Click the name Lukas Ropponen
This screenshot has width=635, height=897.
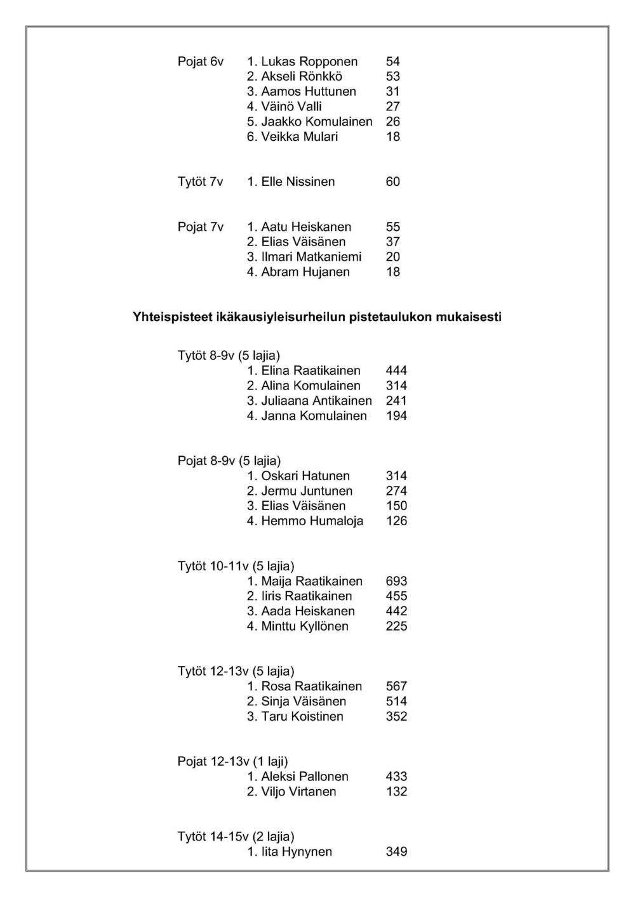coord(309,62)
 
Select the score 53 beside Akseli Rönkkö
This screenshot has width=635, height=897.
coord(393,77)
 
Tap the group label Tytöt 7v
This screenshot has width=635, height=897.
coord(200,182)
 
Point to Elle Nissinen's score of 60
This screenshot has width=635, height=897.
coord(393,182)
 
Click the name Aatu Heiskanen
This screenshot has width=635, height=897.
coord(306,227)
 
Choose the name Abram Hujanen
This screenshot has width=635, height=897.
coord(305,272)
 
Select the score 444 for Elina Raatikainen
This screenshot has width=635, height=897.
coord(396,370)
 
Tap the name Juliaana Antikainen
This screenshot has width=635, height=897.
coord(317,401)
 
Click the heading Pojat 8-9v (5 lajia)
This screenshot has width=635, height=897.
coord(229,461)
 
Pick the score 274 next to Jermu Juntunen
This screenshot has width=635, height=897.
coord(396,491)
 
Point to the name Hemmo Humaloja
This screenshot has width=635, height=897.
coord(312,521)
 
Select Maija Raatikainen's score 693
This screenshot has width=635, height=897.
coord(396,581)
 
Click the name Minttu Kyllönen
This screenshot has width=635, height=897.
coord(305,627)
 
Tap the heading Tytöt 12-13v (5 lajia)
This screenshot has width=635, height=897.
coord(236,671)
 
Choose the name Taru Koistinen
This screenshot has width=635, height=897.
coord(302,717)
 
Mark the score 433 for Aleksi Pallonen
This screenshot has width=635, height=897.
coord(396,776)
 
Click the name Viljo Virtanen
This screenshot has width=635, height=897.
coord(299,792)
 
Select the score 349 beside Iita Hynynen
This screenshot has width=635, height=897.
coord(396,852)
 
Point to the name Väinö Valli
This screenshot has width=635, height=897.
coord(291,107)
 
